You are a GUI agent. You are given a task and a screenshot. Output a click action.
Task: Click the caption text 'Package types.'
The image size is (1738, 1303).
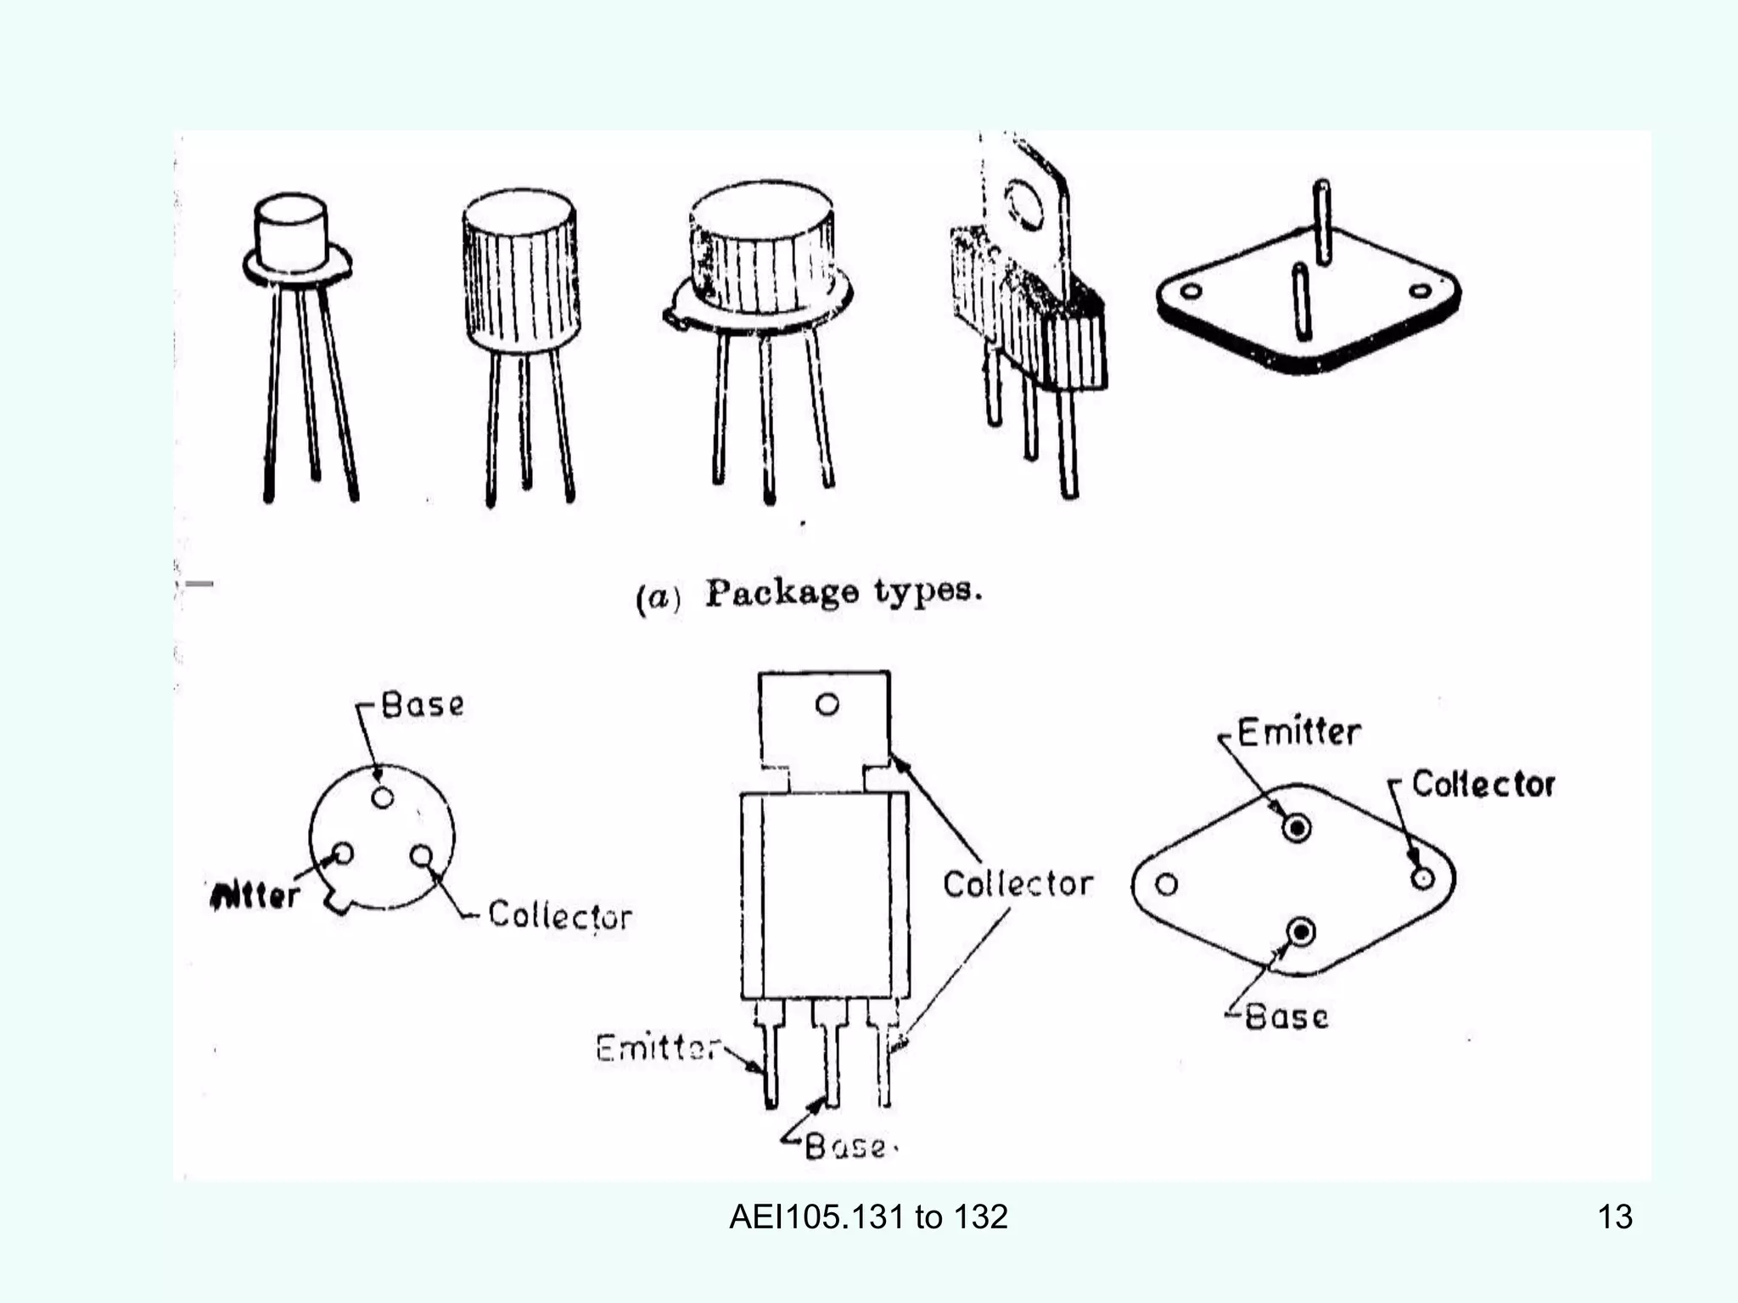(844, 591)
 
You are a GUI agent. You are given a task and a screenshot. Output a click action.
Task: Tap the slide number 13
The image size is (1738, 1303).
(1614, 1216)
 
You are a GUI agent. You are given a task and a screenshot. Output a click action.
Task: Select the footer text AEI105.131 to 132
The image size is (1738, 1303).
(868, 1216)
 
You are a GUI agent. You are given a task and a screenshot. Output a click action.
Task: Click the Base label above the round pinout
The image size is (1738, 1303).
(423, 705)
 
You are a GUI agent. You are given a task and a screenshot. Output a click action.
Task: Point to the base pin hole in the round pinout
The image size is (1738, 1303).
(383, 797)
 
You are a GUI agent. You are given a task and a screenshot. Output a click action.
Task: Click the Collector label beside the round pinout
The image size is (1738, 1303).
(560, 915)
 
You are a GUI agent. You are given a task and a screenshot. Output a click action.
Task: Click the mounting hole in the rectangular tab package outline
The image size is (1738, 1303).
(827, 704)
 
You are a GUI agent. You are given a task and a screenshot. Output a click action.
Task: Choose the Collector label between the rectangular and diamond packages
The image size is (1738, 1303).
(1018, 884)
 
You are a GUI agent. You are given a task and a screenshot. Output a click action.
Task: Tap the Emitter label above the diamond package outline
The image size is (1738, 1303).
(1298, 732)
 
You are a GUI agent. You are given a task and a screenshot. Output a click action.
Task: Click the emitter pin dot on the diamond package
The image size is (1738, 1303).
(1297, 828)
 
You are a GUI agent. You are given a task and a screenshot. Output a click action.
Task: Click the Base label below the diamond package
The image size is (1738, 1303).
(1286, 1016)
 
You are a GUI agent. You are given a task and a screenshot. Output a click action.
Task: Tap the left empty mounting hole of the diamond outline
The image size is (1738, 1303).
(1167, 885)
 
